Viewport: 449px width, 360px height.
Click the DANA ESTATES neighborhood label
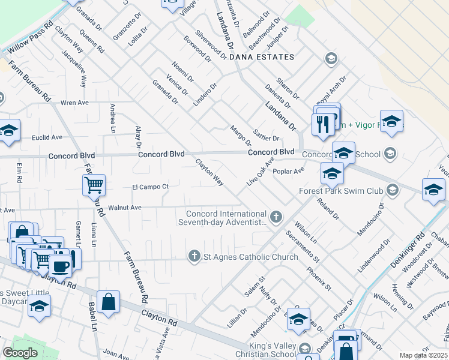click(262, 57)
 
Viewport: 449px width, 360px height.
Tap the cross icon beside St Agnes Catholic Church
click(194, 257)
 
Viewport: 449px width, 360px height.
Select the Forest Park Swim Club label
click(341, 191)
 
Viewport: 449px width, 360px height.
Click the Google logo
click(20, 353)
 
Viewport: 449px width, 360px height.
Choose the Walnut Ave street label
click(124, 208)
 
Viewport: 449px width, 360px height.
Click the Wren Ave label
click(74, 103)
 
